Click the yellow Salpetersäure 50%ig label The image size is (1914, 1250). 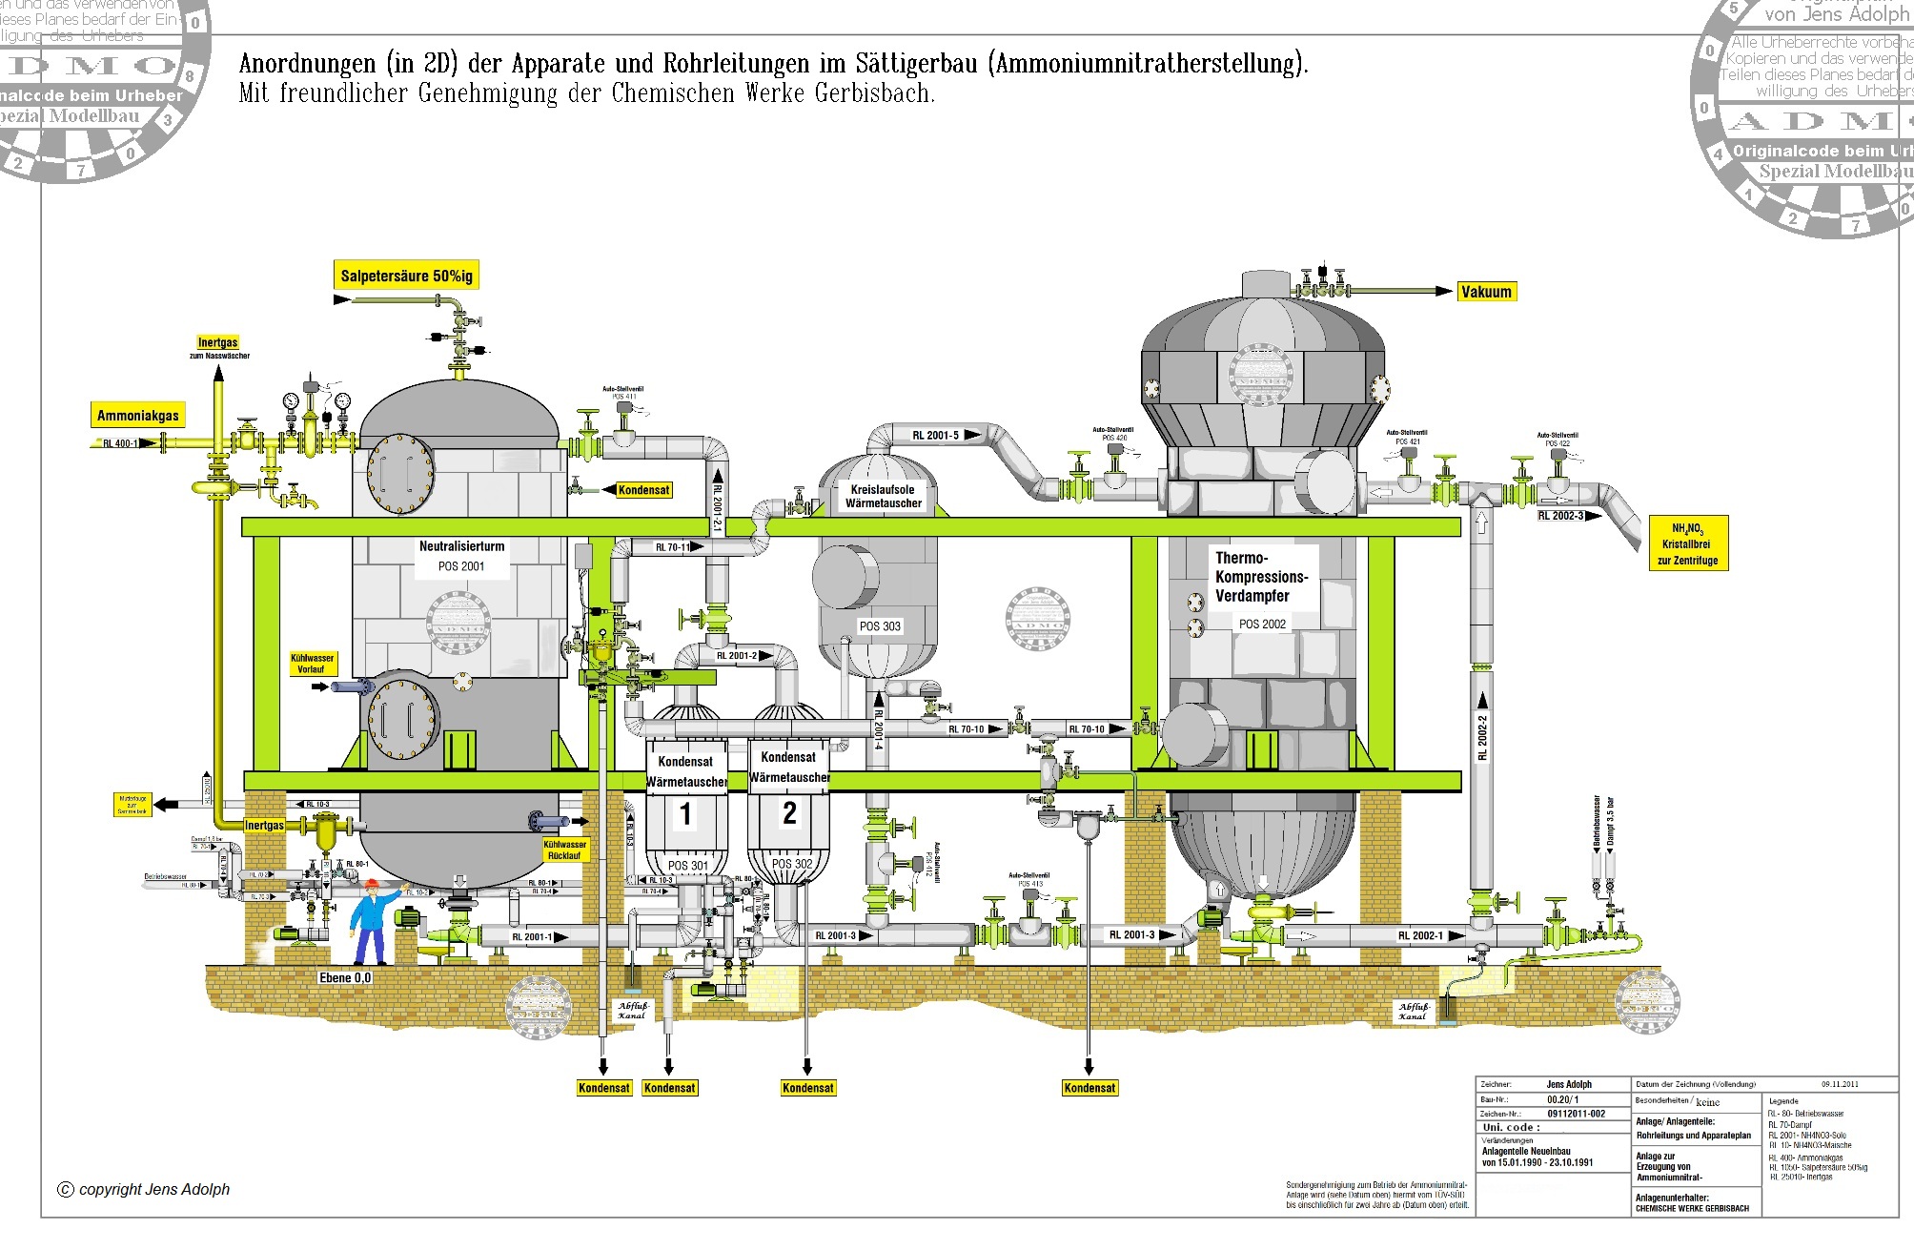406,276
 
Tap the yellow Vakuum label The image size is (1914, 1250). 1486,292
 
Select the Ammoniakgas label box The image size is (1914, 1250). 138,415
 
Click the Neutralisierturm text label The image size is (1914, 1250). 461,546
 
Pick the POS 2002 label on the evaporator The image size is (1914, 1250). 1262,624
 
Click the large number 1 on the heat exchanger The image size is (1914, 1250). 685,814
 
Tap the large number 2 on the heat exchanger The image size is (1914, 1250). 789,812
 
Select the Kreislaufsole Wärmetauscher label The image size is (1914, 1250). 884,496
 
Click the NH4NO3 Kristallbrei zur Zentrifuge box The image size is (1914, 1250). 1688,543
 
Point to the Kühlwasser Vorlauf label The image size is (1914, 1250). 312,664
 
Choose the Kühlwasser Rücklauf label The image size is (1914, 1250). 564,850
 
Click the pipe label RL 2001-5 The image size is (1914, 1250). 936,435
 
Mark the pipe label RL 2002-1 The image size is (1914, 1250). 1420,935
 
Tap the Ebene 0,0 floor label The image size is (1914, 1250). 345,977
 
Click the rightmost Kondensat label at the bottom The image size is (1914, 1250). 1089,1088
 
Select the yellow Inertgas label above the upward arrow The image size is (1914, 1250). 217,342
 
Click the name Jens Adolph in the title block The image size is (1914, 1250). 1569,1084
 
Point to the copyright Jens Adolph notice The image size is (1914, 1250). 145,1189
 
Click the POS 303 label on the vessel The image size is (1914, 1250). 880,626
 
